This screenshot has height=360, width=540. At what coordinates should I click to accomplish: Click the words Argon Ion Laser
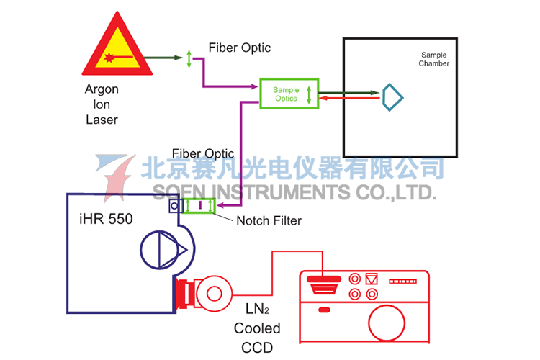[102, 104]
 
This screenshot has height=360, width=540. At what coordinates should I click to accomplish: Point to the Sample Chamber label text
[435, 59]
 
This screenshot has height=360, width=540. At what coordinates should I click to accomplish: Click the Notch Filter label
[269, 220]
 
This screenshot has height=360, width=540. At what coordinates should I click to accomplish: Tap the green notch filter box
[199, 207]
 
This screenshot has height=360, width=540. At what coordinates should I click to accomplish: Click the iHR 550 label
[105, 219]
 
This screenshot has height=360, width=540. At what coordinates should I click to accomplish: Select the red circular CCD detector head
[214, 292]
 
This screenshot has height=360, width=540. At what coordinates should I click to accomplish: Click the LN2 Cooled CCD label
[257, 328]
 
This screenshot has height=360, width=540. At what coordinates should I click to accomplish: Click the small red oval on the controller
[324, 310]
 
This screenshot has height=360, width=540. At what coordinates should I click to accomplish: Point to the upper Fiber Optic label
[240, 48]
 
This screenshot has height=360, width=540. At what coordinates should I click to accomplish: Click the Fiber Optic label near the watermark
[203, 153]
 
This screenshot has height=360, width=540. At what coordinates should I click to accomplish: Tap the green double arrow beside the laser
[189, 59]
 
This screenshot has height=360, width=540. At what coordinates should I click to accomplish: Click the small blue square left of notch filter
[174, 207]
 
